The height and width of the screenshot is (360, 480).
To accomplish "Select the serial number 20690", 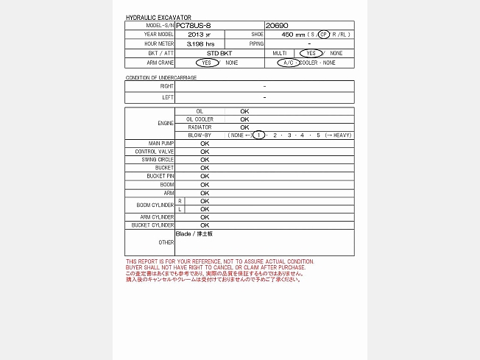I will click(276, 25).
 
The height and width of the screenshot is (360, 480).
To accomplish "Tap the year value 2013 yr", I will click(199, 34).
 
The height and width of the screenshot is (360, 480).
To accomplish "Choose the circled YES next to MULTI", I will click(311, 53).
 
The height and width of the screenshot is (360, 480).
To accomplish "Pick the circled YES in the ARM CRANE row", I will click(208, 63).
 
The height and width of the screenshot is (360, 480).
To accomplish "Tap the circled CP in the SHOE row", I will click(324, 34).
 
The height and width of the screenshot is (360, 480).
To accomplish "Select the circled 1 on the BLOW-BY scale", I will click(258, 135).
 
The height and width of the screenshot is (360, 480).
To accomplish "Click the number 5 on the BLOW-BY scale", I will click(318, 135).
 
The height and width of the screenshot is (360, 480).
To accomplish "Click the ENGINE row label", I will click(166, 123).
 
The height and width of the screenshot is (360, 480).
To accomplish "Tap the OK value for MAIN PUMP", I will click(205, 143).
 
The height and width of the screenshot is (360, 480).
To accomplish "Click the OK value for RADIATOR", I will click(244, 127).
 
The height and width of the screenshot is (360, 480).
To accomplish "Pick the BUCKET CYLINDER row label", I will click(152, 225).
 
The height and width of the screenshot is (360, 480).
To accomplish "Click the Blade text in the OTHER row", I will click(183, 233).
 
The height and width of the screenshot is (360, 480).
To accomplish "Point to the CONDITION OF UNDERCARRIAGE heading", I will click(160, 77).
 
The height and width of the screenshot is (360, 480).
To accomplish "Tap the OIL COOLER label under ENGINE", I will click(200, 119).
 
